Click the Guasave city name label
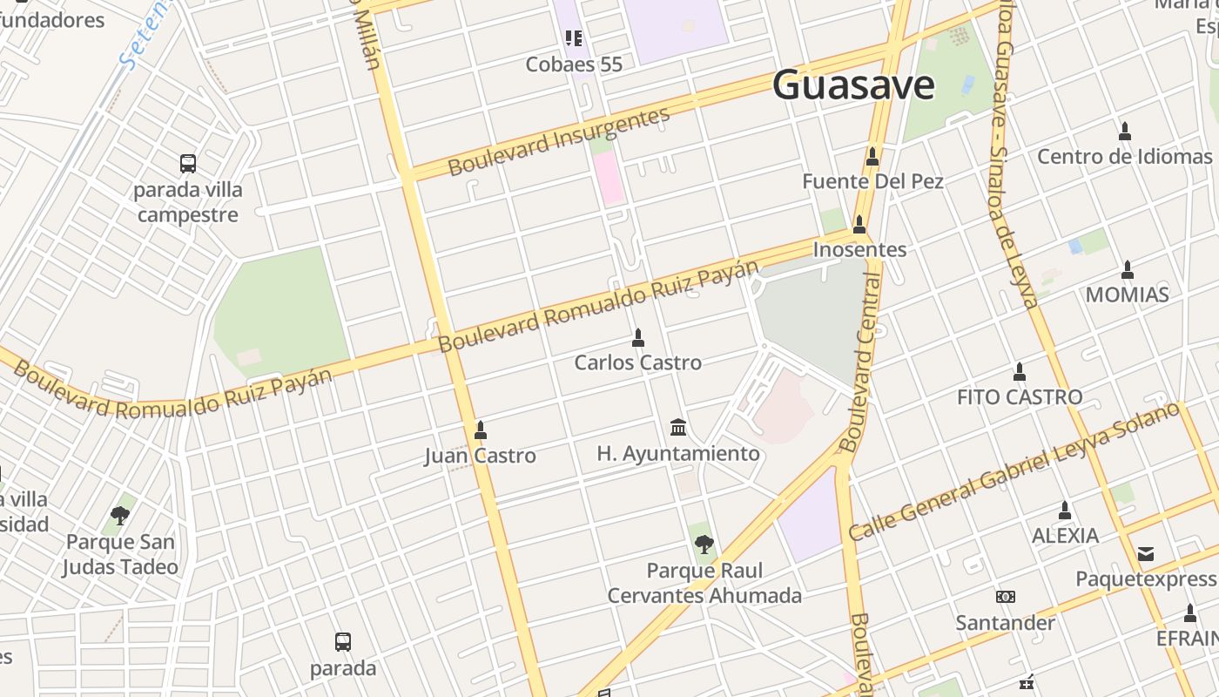(x=853, y=85)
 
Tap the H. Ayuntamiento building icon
(x=678, y=427)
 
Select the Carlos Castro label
(x=637, y=362)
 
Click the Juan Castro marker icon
(x=480, y=430)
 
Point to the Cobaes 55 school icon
(x=574, y=37)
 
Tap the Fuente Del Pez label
(x=872, y=181)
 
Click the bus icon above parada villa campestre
(x=188, y=163)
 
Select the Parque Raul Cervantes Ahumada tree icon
(x=704, y=545)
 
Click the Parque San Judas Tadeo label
(x=120, y=554)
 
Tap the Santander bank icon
(x=1006, y=597)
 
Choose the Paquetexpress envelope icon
(x=1146, y=553)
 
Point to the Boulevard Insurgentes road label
(x=559, y=141)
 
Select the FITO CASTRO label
(x=1020, y=397)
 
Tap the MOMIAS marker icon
(x=1128, y=268)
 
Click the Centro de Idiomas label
(x=1124, y=157)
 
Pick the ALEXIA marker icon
(x=1064, y=510)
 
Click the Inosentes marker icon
(x=859, y=224)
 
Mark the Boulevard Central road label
(x=860, y=364)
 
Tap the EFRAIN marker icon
(x=1190, y=612)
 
